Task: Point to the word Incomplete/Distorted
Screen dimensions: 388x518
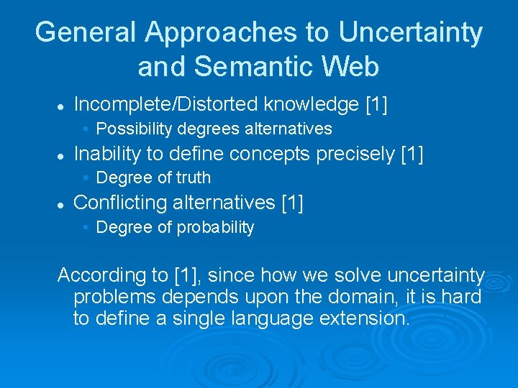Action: coord(166,105)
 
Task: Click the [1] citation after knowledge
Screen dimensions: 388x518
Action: coord(376,105)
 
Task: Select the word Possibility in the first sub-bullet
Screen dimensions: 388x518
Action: coord(132,129)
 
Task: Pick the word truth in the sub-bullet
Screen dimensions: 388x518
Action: coord(191,177)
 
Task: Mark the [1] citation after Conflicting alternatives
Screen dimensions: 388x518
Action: coord(292,203)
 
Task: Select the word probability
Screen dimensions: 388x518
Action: coord(214,228)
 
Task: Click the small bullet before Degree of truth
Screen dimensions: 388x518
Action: coord(86,177)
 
